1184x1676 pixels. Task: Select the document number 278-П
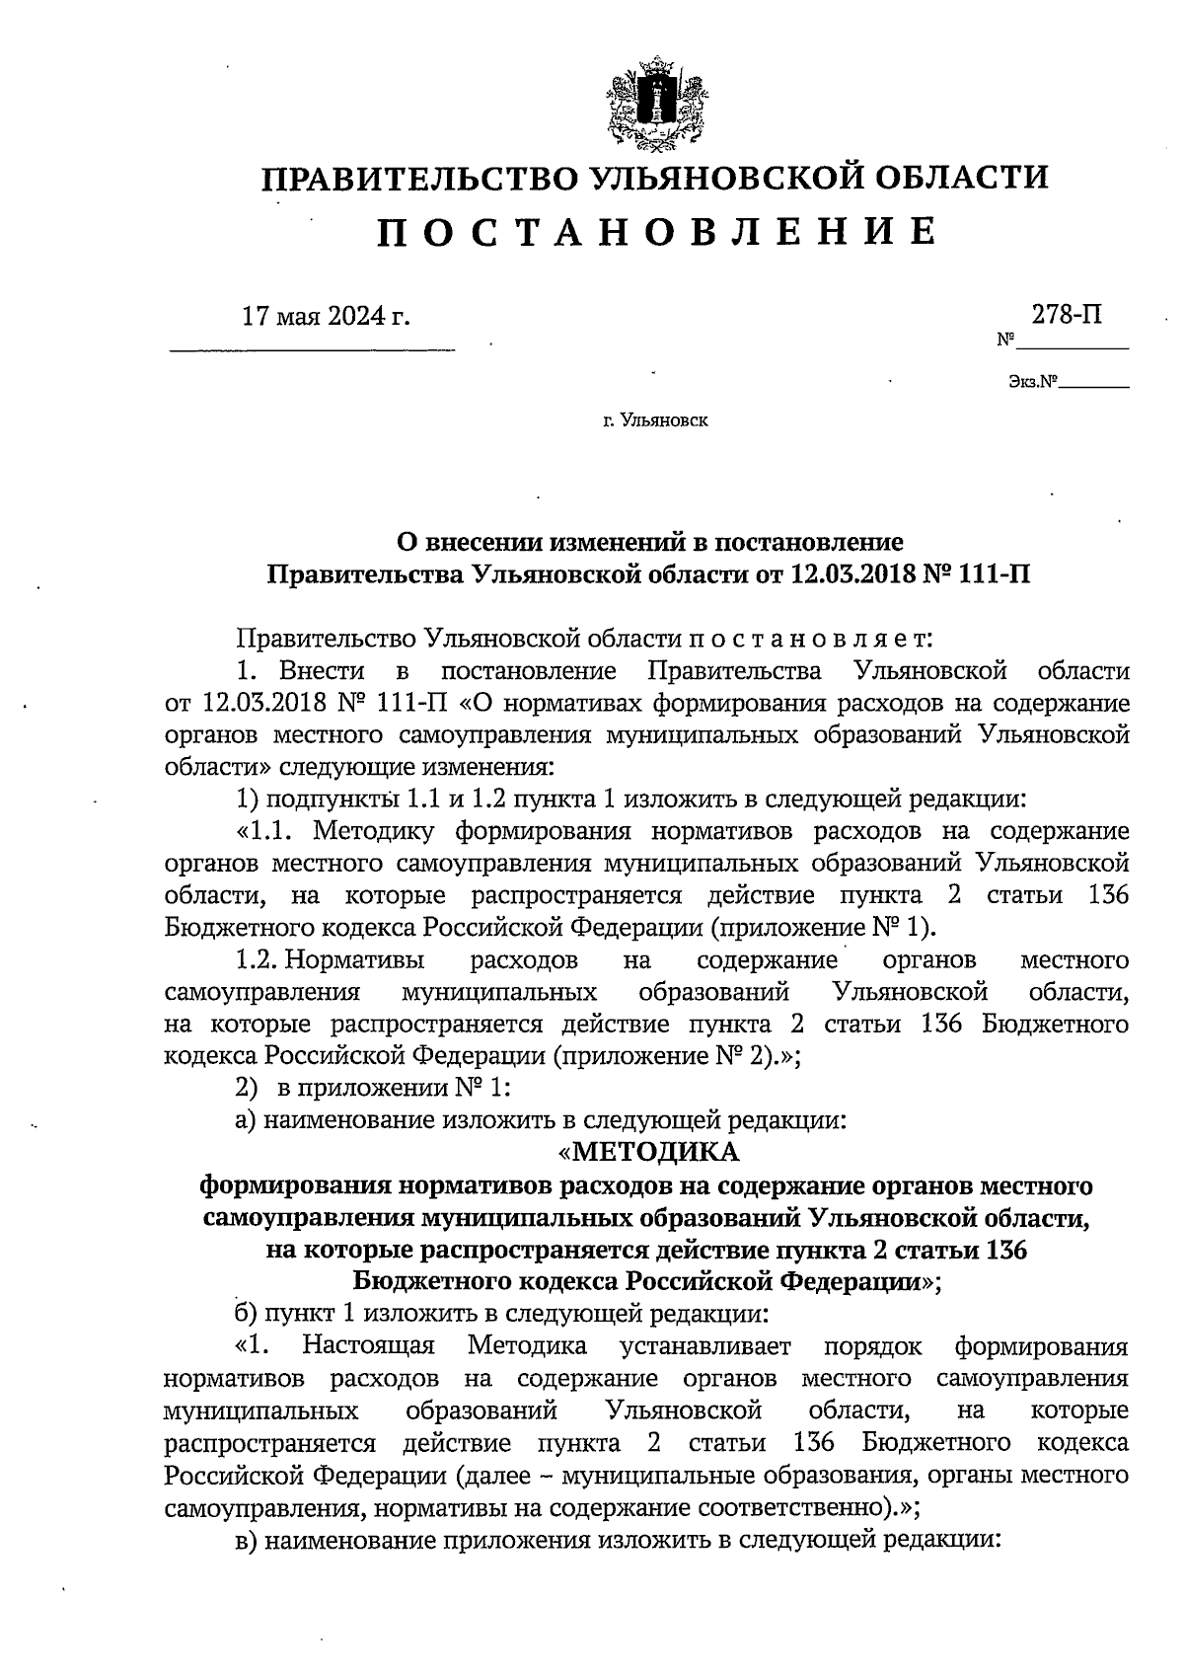(x=1068, y=315)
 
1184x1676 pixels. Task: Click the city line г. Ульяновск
(x=654, y=421)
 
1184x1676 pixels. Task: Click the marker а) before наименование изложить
(x=249, y=1120)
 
